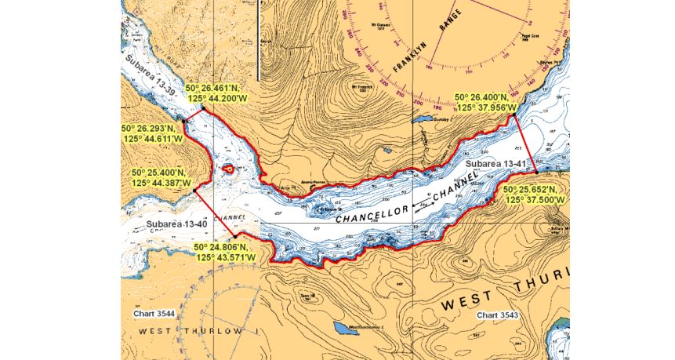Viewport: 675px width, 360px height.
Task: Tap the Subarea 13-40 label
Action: [176, 224]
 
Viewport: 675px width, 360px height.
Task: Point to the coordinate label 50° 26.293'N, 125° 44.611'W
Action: [152, 133]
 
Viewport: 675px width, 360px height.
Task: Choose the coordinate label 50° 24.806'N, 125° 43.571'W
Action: [224, 252]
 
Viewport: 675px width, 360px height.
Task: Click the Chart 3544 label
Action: [154, 313]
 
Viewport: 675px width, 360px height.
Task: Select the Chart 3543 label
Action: [500, 315]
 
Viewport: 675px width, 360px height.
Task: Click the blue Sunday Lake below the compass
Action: [423, 121]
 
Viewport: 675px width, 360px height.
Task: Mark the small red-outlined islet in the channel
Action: [227, 169]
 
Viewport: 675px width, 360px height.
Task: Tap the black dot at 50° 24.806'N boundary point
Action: [234, 236]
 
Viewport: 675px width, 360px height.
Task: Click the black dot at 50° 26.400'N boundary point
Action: [514, 116]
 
